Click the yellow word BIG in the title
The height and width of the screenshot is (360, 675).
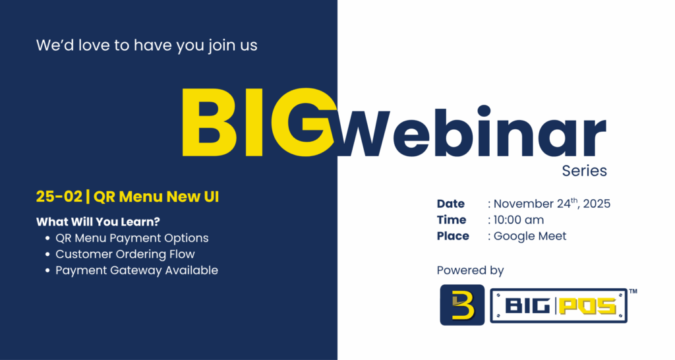coord(258,122)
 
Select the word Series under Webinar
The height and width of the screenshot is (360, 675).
coord(584,171)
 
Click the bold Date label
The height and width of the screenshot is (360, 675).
coord(451,204)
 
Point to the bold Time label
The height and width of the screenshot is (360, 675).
coord(452,220)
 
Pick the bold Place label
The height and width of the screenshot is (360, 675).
coord(453,236)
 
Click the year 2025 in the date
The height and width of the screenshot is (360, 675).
coord(597,204)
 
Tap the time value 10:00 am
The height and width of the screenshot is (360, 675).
coord(519,220)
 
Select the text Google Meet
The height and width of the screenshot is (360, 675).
coord(530,236)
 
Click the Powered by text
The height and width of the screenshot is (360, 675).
coord(470,270)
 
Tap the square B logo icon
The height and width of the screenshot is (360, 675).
coord(462,305)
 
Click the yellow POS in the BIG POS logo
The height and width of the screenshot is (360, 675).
coord(590,306)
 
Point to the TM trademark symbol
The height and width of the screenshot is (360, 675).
coord(633,291)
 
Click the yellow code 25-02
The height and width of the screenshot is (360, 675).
coord(59,196)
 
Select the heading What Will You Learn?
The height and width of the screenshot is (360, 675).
coord(98,222)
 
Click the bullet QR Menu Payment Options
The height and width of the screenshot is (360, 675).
coord(132,238)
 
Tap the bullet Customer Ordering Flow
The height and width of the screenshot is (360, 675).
coord(125,254)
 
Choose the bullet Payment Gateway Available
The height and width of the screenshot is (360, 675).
coord(137,270)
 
